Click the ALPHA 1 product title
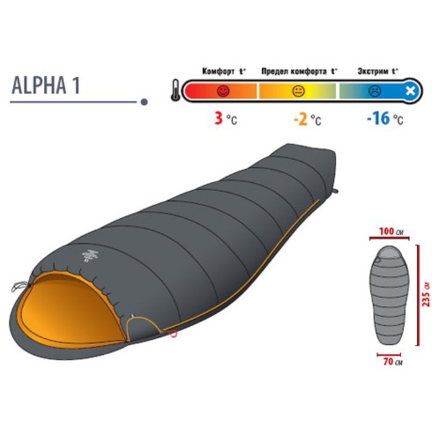(x=46, y=85)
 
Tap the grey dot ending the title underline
(x=144, y=102)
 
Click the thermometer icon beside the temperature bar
(x=176, y=90)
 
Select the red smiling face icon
(x=223, y=91)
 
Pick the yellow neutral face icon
(x=298, y=91)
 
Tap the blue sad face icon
(x=375, y=91)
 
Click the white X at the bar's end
(x=410, y=91)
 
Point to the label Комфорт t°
(x=224, y=71)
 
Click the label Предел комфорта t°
(x=300, y=71)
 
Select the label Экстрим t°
(x=378, y=71)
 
